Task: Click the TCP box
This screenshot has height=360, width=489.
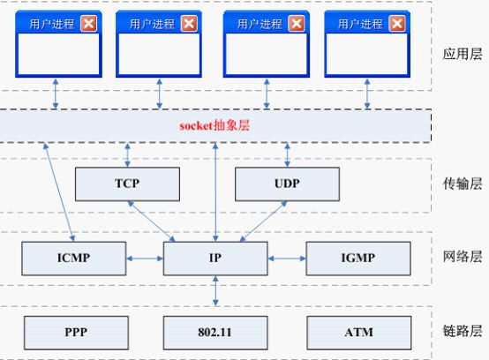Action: pos(127,184)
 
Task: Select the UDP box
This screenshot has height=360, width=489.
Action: pos(287,184)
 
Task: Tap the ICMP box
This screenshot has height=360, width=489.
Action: pos(74,259)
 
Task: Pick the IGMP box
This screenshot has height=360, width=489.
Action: pos(358,259)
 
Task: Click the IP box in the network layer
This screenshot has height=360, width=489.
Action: pos(215,259)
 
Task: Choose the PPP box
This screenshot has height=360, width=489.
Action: pos(76,333)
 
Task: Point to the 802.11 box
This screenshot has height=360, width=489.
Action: pos(215,333)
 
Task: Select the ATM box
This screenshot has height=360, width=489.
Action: pos(359,333)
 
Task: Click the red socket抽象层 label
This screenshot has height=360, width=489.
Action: pos(214,125)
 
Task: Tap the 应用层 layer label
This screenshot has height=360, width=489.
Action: pos(463,54)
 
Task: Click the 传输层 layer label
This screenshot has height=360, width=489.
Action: pos(463,184)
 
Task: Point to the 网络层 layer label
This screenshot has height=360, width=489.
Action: pos(463,257)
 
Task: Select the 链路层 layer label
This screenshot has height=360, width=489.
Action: pos(463,331)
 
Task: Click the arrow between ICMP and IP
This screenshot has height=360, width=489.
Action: pos(145,259)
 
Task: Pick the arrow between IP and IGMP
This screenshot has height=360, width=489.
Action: pos(287,259)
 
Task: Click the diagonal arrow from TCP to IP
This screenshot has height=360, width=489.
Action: pos(151,221)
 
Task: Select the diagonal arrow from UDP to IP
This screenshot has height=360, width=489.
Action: pos(264,221)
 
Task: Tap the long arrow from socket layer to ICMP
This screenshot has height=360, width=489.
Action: pos(59,192)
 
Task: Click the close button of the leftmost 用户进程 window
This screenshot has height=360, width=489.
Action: pos(88,23)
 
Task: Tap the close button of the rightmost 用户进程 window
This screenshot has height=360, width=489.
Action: pos(397,23)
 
